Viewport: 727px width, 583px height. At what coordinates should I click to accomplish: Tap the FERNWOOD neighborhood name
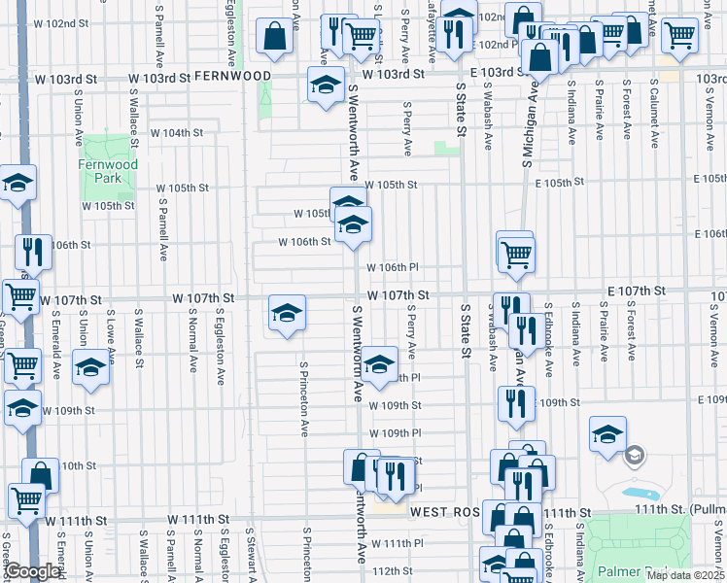[x=232, y=75]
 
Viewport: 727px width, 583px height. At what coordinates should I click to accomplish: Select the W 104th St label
[x=176, y=132]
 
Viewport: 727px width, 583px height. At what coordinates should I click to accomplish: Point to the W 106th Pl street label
[x=392, y=267]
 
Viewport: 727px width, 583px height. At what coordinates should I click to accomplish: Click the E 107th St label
[x=637, y=291]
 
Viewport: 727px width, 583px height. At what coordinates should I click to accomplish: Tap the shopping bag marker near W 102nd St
[x=276, y=37]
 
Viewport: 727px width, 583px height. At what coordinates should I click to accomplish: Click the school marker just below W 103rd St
[x=327, y=85]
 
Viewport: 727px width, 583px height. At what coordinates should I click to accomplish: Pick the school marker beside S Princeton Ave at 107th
[x=287, y=314]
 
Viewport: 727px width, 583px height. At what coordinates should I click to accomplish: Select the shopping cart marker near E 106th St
[x=515, y=254]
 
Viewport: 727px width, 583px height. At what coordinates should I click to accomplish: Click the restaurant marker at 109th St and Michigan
[x=515, y=402]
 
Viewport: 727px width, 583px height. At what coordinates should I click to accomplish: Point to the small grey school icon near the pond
[x=635, y=455]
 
